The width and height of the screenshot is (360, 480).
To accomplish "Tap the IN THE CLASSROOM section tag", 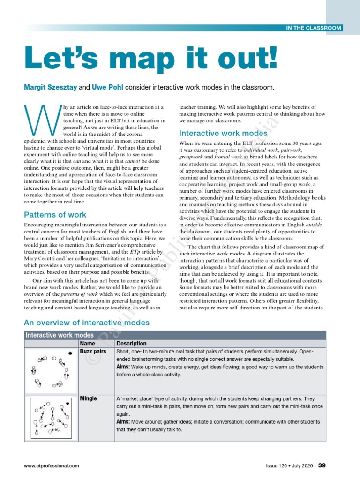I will [x=314, y=28].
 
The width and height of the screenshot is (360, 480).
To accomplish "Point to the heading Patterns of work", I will [x=55, y=215].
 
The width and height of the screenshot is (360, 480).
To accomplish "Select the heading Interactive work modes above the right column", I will [x=223, y=133].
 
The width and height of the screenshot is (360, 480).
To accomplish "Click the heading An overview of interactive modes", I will [x=86, y=322].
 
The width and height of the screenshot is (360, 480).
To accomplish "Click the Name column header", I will [x=88, y=344].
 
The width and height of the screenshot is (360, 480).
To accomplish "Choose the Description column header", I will [x=131, y=344].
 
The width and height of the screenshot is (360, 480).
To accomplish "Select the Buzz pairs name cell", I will [x=93, y=352].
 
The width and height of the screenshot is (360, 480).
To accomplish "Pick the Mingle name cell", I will [x=89, y=398].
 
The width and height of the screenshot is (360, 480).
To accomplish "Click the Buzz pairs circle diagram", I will [x=50, y=371].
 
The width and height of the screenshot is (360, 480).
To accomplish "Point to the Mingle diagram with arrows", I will [x=51, y=418].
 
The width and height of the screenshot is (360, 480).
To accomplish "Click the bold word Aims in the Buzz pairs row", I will [x=123, y=367].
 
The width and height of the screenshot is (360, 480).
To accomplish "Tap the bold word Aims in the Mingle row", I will [x=123, y=422].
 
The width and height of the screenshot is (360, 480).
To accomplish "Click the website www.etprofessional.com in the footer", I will [x=52, y=466].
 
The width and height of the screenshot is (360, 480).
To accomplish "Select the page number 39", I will [x=322, y=465].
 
